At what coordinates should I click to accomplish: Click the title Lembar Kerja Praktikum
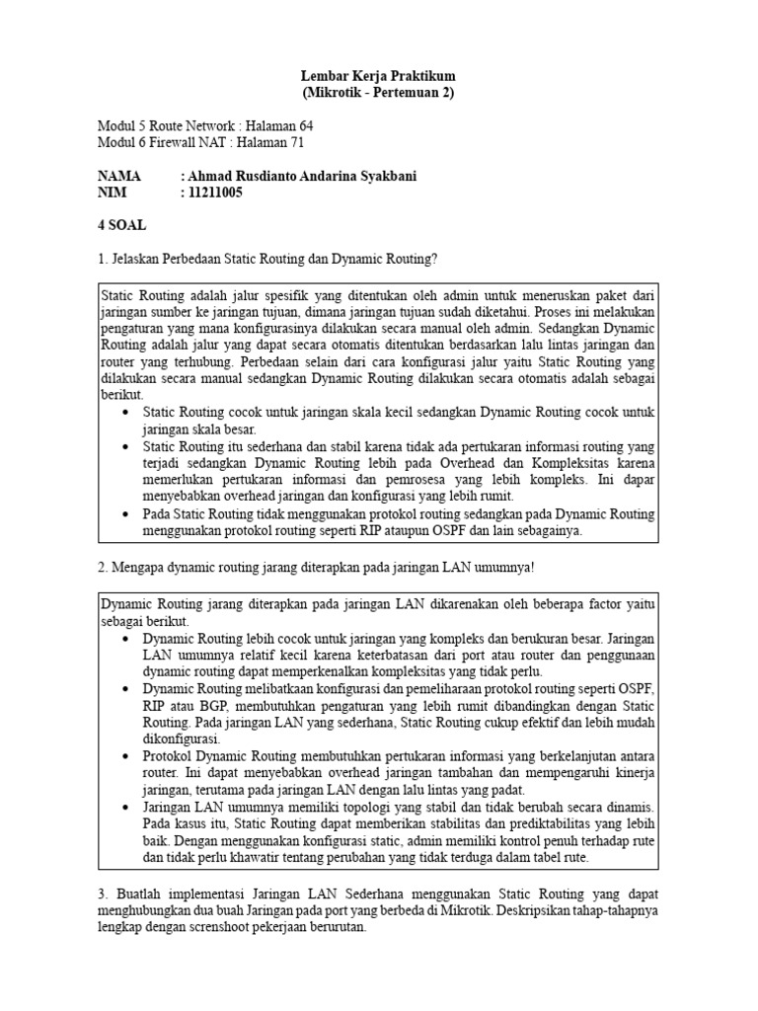point(379,76)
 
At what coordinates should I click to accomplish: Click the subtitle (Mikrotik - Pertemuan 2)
point(379,93)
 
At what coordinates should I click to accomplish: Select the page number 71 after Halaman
point(296,143)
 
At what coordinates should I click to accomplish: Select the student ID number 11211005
point(215,193)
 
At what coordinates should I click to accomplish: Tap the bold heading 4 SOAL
point(121,225)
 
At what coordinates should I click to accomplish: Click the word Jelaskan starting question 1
point(140,259)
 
